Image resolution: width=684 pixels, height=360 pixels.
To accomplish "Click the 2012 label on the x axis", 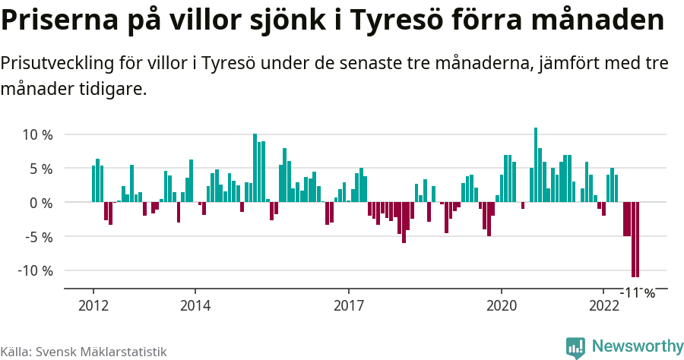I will (93, 306).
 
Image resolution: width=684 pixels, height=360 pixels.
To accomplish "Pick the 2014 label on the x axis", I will (195, 306).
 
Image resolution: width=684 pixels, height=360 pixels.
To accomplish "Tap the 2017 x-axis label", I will (348, 306).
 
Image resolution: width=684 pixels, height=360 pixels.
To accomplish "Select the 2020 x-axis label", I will (502, 306).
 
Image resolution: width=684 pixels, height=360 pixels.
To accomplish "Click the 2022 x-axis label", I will (603, 306).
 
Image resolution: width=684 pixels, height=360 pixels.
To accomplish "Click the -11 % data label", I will (638, 292).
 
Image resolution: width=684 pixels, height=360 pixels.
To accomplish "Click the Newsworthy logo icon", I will (575, 347).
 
